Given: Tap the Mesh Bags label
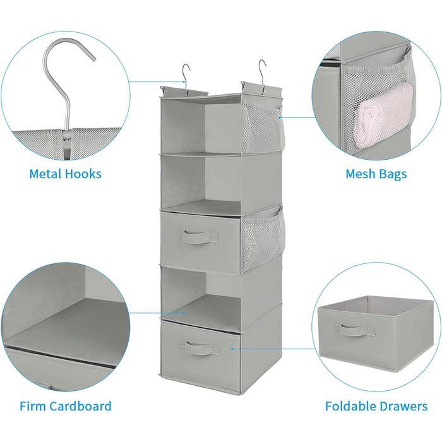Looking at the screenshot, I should tap(376, 174).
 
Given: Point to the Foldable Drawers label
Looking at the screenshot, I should tap(376, 406).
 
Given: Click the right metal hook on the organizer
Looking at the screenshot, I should tap(261, 71).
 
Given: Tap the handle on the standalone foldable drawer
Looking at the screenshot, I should tap(354, 329).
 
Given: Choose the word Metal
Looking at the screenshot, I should tap(44, 174).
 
